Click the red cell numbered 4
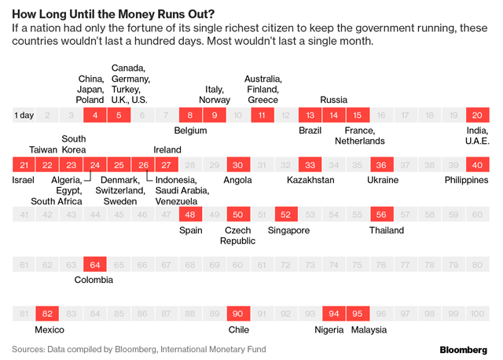(95, 116)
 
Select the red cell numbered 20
(477, 116)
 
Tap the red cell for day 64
(95, 265)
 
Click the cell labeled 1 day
(24, 116)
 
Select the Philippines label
(466, 180)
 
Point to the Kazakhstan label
(310, 180)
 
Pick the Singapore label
(288, 230)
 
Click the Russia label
(334, 100)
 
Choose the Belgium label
(190, 130)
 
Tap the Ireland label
(167, 150)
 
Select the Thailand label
(387, 230)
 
